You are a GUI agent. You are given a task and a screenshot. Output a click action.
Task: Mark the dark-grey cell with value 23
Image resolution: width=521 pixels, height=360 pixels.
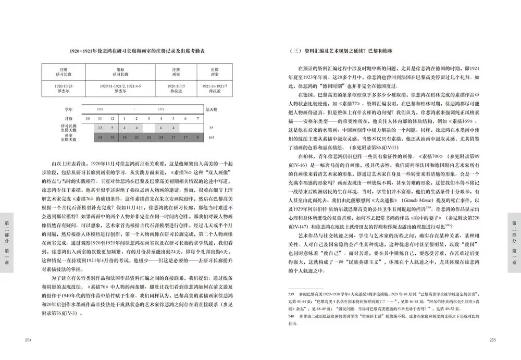click(x=137, y=138)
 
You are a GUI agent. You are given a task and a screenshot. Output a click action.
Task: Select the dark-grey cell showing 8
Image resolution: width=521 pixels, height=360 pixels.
click(x=199, y=138)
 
